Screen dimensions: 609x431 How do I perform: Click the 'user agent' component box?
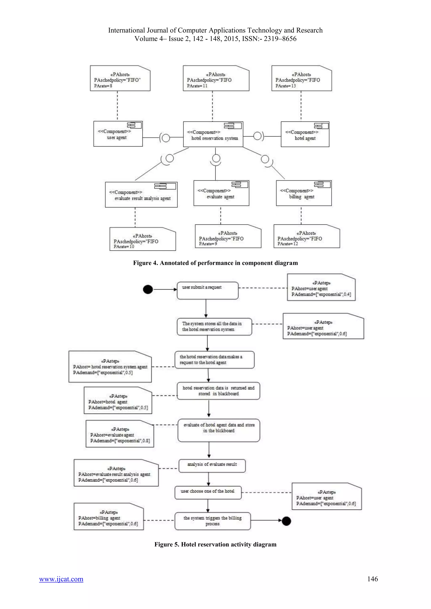(x=118, y=134)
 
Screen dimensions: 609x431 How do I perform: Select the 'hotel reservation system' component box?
(x=213, y=134)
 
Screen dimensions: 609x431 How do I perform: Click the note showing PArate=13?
(x=302, y=78)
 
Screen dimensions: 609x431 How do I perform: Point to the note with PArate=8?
(x=120, y=78)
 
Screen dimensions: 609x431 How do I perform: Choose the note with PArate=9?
(x=228, y=237)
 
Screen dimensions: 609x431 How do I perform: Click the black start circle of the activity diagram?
(x=148, y=289)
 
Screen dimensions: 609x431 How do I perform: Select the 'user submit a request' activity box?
(x=208, y=291)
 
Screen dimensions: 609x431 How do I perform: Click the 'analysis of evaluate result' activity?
(x=212, y=466)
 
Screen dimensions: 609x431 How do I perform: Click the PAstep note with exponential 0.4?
(x=321, y=288)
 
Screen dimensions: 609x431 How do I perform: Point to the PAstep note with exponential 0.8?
(x=120, y=434)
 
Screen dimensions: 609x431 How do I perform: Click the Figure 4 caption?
(x=215, y=263)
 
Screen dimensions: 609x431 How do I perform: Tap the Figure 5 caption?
(x=215, y=544)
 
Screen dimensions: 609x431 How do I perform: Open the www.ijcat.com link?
(x=61, y=579)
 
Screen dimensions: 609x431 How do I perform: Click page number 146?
(x=372, y=579)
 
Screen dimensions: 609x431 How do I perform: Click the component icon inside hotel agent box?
(x=321, y=126)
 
